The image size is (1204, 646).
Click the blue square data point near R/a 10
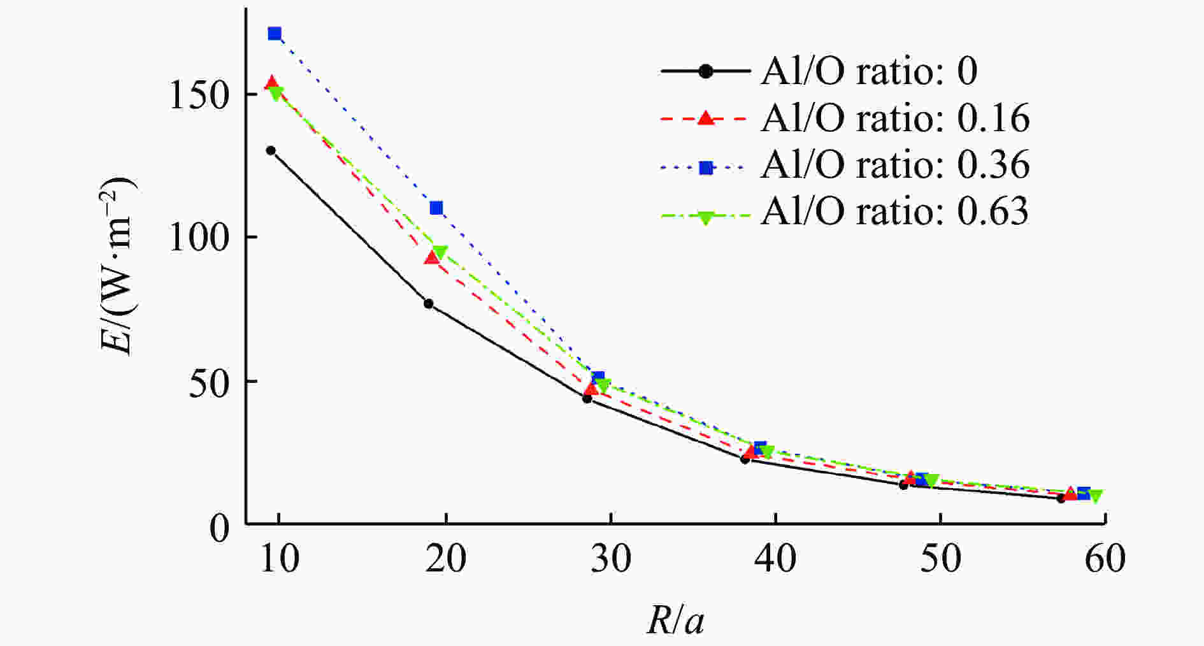coord(275,34)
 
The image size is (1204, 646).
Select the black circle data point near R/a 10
coord(271,150)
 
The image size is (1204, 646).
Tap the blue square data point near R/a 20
coord(436,208)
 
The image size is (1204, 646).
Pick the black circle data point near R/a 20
coord(429,304)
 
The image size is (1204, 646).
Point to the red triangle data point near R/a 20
coord(432,257)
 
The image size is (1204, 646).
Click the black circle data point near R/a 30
coord(587,398)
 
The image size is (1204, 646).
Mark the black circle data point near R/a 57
coord(1061,498)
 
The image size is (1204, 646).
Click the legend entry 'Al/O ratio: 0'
coord(868,71)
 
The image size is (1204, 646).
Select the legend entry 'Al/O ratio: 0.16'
coord(894,118)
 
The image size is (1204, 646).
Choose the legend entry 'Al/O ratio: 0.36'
coord(894,164)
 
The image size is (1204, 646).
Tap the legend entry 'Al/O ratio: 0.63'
coord(894,211)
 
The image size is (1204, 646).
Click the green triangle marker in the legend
coord(705,217)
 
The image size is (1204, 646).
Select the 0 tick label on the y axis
coord(219,528)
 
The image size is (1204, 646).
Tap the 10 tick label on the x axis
coord(279,559)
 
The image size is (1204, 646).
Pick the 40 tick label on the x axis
coord(775,559)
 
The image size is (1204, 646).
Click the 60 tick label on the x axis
coord(1105,559)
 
